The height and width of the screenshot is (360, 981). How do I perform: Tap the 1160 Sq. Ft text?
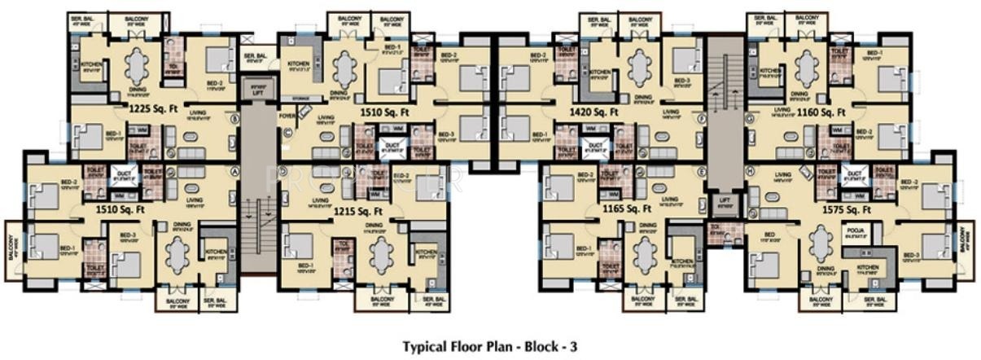[822, 112]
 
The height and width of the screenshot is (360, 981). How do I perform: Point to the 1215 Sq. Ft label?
[359, 211]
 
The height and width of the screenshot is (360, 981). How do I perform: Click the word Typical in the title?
[427, 346]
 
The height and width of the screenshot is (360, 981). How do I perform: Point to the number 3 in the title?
[573, 346]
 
